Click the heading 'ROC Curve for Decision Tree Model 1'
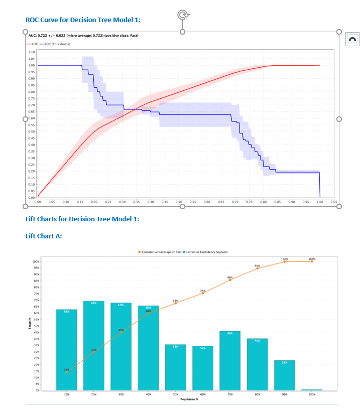(x=83, y=20)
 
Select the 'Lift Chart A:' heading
(x=44, y=236)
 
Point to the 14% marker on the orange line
(x=67, y=372)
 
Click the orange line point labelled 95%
(x=257, y=268)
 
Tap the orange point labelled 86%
(x=230, y=280)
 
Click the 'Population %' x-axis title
(x=190, y=399)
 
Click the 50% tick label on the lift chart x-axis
(x=176, y=395)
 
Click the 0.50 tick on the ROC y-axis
(x=31, y=131)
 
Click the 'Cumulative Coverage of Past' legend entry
(x=160, y=252)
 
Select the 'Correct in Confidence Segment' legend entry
(x=206, y=252)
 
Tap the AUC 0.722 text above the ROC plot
(x=83, y=36)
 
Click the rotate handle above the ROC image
(x=183, y=15)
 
